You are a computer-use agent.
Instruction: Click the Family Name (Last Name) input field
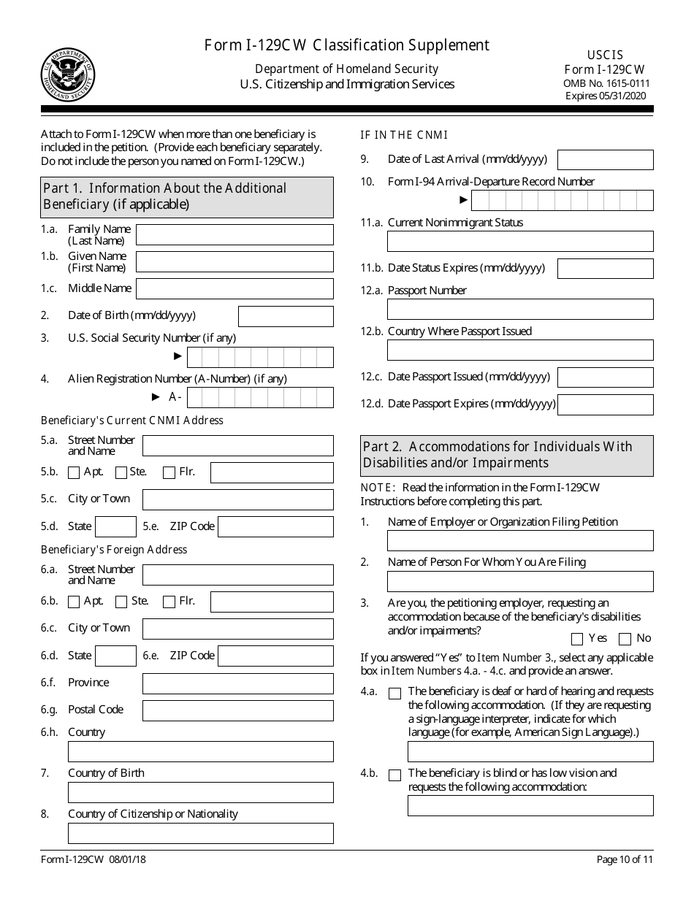234,234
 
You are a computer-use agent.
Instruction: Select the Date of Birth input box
286,316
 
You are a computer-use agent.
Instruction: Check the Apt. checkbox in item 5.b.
74,472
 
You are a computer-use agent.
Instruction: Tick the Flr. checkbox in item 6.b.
169,602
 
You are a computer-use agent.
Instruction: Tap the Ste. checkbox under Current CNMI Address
121,472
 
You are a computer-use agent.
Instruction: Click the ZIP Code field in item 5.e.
275,526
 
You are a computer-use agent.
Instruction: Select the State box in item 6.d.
115,656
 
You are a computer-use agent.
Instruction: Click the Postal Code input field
237,710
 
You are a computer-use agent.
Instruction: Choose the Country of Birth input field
200,792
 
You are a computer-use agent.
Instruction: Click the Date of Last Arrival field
605,160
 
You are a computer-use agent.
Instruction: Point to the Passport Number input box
519,309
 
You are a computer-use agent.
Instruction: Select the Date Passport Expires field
605,404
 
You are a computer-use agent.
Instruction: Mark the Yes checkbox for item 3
577,640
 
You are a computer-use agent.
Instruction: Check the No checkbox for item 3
625,640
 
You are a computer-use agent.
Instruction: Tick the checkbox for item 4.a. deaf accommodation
394,694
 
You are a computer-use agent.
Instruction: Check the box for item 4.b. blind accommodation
394,775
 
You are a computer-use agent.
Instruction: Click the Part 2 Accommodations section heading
507,455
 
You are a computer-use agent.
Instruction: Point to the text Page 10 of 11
625,859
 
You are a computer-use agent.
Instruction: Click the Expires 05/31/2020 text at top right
606,96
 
